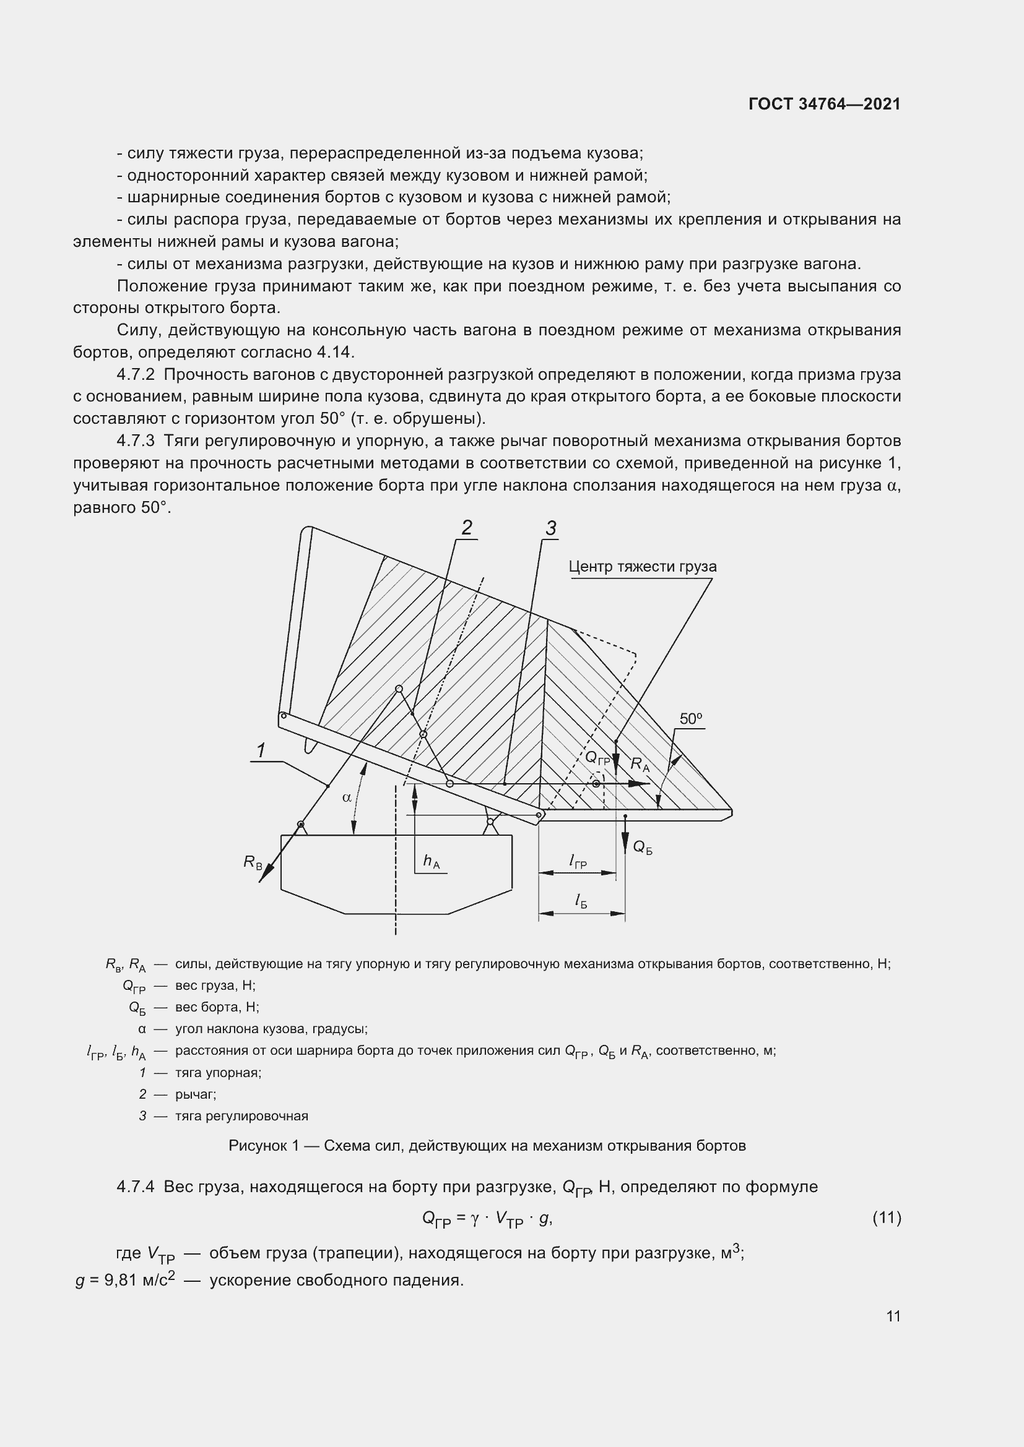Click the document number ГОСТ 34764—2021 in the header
(824, 104)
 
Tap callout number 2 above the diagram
(467, 528)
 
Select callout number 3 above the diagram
(551, 529)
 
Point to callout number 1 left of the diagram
(261, 750)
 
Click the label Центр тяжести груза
(642, 567)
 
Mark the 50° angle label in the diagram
(691, 719)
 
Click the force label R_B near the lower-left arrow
(253, 862)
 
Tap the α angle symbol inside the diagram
(346, 797)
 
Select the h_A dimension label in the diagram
(432, 862)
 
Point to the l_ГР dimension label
(578, 862)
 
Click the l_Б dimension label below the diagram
(581, 902)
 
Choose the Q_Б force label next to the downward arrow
(643, 848)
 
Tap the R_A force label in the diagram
(640, 765)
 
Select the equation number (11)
(887, 1218)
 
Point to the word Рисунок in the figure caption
(259, 1146)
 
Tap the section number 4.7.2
(136, 374)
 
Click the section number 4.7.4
(136, 1187)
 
